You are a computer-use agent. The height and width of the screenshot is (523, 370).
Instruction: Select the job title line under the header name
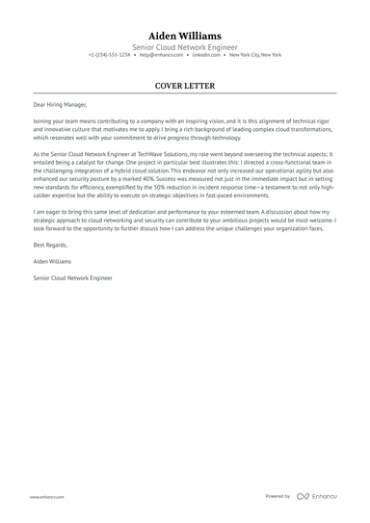point(185,45)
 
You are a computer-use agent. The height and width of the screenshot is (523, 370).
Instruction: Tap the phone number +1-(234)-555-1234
point(110,55)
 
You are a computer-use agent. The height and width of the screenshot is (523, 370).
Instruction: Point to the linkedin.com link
point(205,55)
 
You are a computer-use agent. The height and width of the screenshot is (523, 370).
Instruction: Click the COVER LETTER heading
point(185,86)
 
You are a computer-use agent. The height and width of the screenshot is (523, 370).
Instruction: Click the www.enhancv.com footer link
point(46,497)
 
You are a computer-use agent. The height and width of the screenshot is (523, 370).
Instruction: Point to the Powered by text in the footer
point(277,497)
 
